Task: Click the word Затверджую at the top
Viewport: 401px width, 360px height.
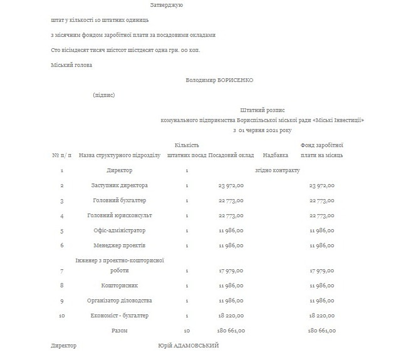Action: (x=166, y=6)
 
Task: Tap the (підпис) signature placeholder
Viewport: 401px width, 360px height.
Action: (x=103, y=95)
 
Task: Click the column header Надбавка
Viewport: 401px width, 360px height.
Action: (x=276, y=154)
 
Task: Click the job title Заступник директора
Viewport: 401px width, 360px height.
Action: (x=120, y=185)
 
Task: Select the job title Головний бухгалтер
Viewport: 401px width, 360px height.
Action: (x=120, y=200)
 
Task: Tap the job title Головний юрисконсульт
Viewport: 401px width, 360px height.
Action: (x=120, y=215)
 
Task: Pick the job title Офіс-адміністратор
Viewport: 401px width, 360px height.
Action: (x=120, y=230)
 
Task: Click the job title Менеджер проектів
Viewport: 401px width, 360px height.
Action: (x=120, y=245)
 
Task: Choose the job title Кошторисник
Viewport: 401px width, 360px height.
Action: (x=120, y=285)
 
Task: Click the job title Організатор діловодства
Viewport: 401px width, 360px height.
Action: (x=120, y=301)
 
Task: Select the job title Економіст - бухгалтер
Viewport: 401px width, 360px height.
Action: (x=120, y=316)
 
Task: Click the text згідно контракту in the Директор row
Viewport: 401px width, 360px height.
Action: (x=278, y=170)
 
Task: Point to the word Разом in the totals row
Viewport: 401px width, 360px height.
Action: (x=120, y=330)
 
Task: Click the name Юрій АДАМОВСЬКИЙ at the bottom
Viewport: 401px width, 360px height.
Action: (x=189, y=346)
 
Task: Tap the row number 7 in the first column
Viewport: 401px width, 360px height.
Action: (x=61, y=270)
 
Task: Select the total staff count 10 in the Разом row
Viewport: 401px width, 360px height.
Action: (x=187, y=330)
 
